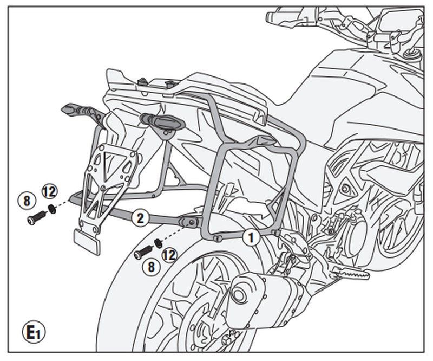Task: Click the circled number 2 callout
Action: pos(140,218)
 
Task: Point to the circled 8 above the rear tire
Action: pos(151,266)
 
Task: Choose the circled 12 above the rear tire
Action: pos(169,254)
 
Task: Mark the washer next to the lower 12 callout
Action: pos(158,242)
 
